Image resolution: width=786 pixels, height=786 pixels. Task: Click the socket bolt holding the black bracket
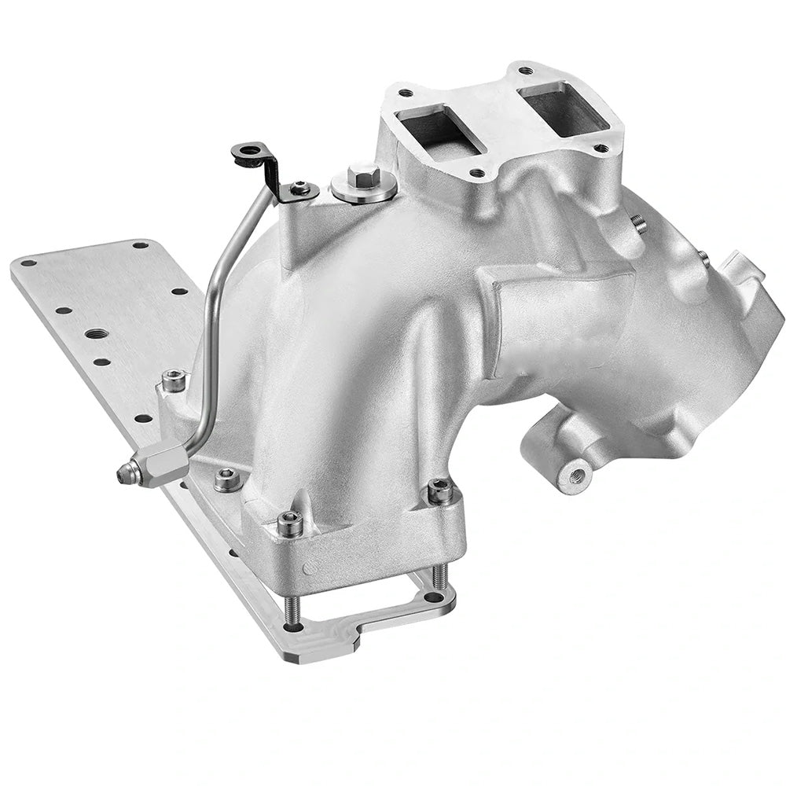click(x=299, y=189)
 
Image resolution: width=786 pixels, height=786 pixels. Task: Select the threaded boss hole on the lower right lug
click(x=575, y=474)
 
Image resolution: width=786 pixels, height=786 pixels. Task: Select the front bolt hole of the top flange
click(x=476, y=173)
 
